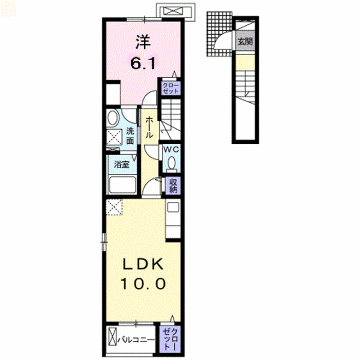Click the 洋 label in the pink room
(143, 42)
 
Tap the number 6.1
(143, 63)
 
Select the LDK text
(143, 264)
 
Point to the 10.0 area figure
(143, 283)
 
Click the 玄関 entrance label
(245, 42)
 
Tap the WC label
(171, 150)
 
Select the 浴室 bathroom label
(121, 164)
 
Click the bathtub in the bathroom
(123, 185)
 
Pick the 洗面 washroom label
(130, 136)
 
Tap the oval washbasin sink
(112, 118)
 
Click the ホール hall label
(150, 128)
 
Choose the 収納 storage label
(173, 186)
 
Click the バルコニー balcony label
(136, 340)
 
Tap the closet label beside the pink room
(170, 88)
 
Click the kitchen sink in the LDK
(173, 208)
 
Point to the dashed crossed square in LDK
(114, 207)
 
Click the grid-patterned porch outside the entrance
(219, 34)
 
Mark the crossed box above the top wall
(173, 11)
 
